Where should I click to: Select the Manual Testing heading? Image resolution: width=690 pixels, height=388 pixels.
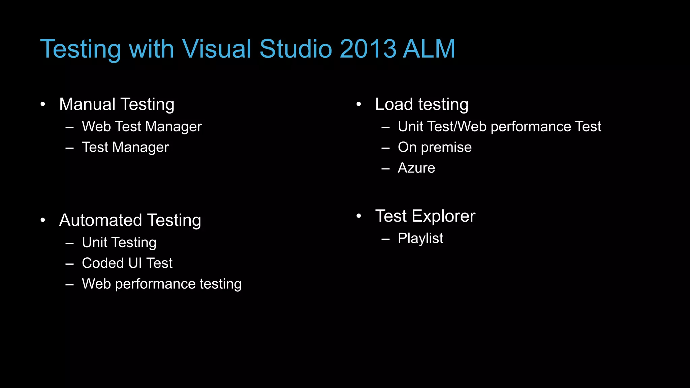point(117,104)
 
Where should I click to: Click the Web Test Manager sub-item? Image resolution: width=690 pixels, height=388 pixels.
point(142,127)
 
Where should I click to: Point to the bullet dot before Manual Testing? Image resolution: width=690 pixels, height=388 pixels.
point(42,104)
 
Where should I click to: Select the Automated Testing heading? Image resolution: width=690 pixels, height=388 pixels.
point(130,220)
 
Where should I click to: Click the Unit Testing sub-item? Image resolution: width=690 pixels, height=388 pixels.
point(119,243)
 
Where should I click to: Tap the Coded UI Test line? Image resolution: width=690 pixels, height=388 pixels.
point(127,263)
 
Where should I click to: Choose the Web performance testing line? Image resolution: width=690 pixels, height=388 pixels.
point(162,284)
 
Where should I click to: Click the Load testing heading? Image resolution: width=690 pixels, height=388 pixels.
point(421,104)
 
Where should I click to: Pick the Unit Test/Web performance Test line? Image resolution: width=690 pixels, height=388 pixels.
point(499,127)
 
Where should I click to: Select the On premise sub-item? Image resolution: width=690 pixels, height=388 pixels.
point(435,147)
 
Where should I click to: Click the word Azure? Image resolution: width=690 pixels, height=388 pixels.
point(416,168)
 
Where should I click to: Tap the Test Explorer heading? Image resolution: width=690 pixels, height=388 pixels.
point(425,216)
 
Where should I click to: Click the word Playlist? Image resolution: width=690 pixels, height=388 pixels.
point(420,238)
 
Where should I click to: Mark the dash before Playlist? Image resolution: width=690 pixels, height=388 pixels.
point(385,239)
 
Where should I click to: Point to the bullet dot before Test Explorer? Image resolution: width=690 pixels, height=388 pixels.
point(358,216)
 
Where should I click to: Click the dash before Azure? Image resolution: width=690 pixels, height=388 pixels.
point(385,169)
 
